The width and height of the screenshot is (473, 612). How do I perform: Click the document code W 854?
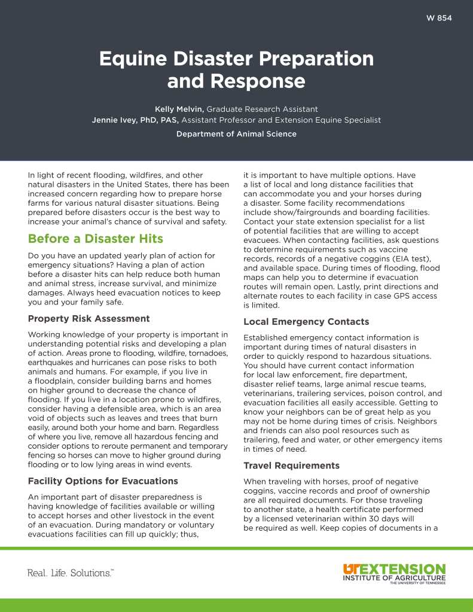point(440,18)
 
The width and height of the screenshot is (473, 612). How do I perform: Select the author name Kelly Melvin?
point(179,109)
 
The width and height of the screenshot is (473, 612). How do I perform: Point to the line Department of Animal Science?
point(236,134)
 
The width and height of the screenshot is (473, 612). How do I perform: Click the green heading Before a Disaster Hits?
point(96,239)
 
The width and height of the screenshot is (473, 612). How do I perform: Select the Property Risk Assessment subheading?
point(89,318)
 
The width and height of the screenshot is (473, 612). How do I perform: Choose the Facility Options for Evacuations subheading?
point(103,480)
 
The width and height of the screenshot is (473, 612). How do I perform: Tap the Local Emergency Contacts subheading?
point(306,322)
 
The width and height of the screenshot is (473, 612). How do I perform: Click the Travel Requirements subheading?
point(291,465)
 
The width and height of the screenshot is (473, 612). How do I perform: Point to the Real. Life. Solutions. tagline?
point(71,573)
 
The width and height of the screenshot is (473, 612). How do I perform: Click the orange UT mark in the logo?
point(352,568)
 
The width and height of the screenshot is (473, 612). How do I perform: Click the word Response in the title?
point(236,81)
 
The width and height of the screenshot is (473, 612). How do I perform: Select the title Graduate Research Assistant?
point(262,109)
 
